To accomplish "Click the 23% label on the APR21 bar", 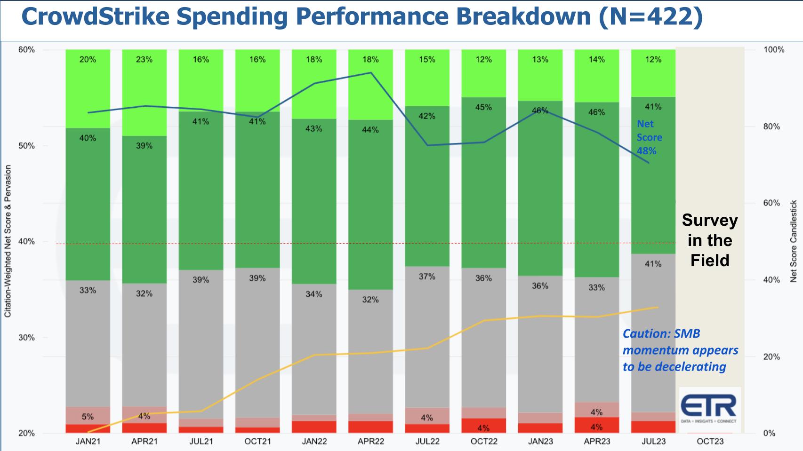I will [144, 60].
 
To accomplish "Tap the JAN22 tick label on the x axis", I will [314, 442].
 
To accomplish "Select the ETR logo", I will [710, 409].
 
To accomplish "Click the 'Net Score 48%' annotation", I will [649, 137].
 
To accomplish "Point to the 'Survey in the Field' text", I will [710, 240].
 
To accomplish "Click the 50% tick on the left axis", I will [26, 146].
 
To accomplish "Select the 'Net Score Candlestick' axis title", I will [794, 241].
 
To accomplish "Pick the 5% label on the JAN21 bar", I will [88, 417].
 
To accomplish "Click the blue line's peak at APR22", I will [371, 72].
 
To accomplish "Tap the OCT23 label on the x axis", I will [710, 442].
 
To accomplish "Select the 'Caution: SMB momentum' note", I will [680, 350].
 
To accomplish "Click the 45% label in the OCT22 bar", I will [483, 107].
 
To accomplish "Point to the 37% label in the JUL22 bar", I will [427, 277].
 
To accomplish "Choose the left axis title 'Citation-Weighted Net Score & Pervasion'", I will [8, 241].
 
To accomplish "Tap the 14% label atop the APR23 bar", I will [596, 60].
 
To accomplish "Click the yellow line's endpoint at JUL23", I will [658, 307].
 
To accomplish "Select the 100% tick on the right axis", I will [774, 50].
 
